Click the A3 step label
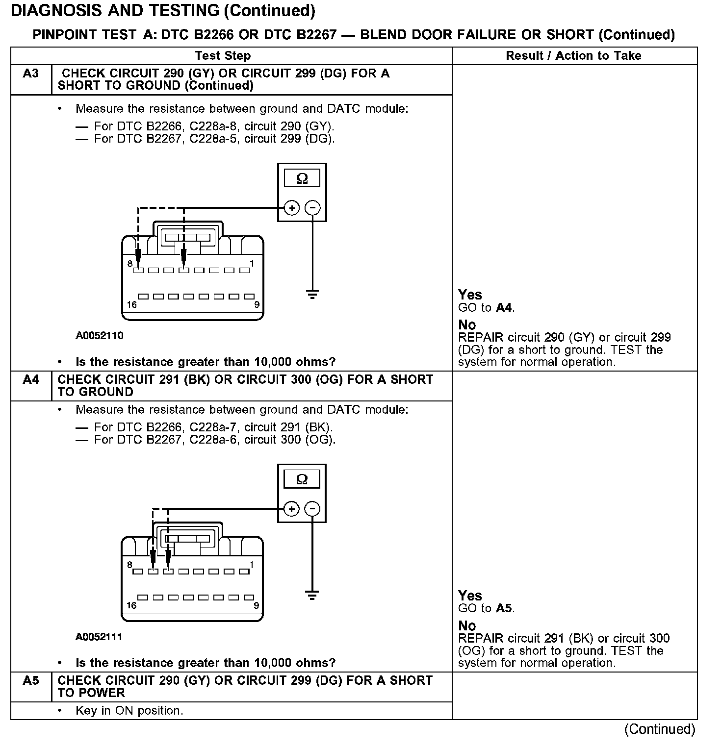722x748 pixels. [30, 74]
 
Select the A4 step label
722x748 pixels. [30, 379]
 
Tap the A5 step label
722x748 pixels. [30, 680]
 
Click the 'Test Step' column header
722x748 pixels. [223, 56]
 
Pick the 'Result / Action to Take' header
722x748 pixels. [573, 56]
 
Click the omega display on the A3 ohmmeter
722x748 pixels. [302, 178]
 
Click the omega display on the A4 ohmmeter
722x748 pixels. [302, 479]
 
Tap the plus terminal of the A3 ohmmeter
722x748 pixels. [292, 208]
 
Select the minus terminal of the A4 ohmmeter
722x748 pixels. [312, 509]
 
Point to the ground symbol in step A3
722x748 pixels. [312, 295]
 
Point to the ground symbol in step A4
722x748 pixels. [312, 596]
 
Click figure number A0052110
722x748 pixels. [99, 336]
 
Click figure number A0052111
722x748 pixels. [99, 637]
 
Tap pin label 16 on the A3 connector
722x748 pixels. [131, 305]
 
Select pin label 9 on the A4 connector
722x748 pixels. [256, 605]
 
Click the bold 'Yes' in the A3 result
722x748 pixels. [470, 295]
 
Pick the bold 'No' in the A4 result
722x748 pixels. [467, 626]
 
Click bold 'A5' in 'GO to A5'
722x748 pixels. [504, 608]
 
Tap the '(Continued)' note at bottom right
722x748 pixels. [660, 729]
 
